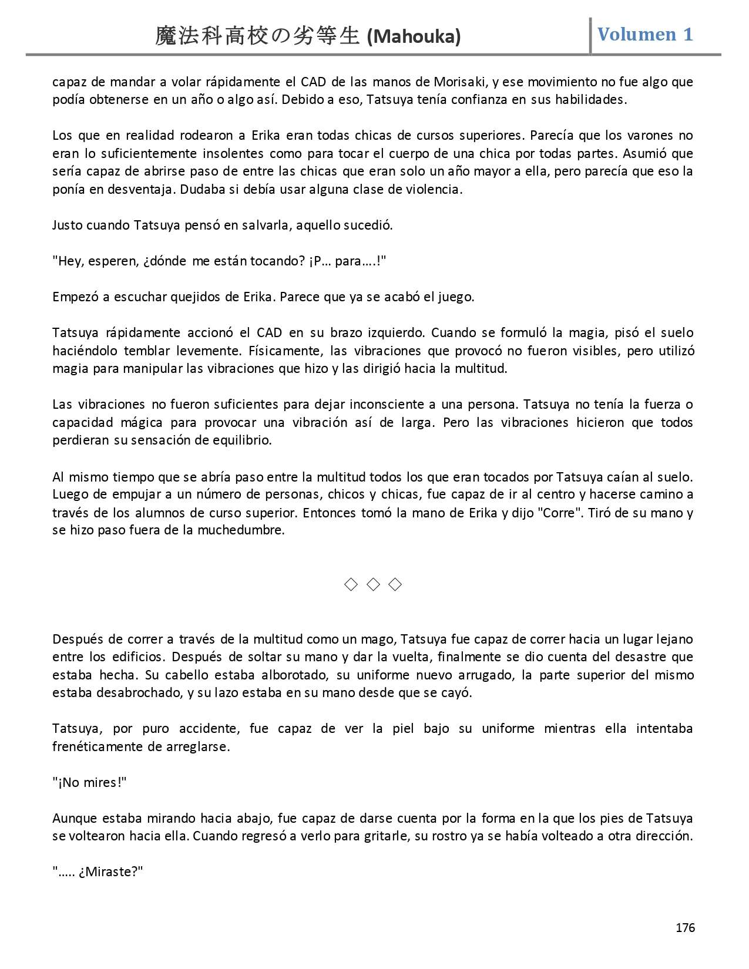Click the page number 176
coord(685,927)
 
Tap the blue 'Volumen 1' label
coord(645,34)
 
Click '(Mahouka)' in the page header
coord(414,37)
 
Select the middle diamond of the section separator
coord(373,584)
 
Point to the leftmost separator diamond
coord(351,584)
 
